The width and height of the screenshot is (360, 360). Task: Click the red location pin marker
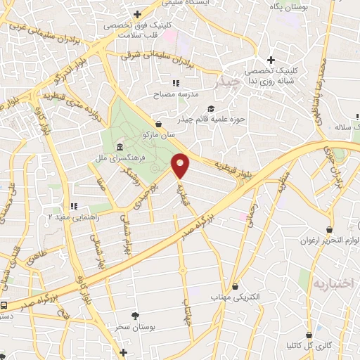[x=181, y=165]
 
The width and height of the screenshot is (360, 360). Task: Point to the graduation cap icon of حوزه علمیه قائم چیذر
[x=210, y=108]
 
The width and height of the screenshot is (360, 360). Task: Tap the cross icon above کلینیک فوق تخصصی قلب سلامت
[x=138, y=14]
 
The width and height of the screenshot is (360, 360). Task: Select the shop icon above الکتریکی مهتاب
[x=235, y=286]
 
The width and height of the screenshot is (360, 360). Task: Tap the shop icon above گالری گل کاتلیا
[x=309, y=335]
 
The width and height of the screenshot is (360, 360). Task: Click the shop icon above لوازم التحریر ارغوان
[x=329, y=229]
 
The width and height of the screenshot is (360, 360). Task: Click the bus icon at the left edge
[x=5, y=306]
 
